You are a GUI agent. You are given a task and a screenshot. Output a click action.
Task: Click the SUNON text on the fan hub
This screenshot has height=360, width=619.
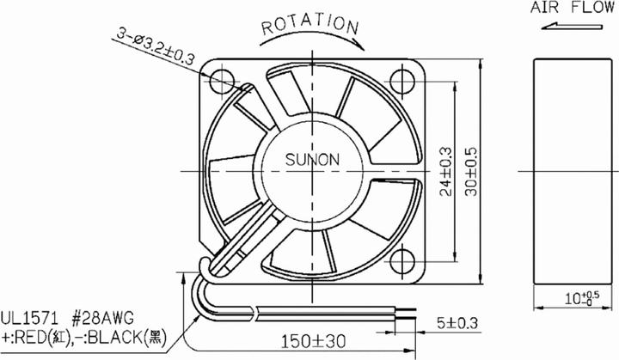click(x=311, y=159)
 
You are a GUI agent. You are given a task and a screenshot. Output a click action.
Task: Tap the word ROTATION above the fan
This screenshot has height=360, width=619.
click(x=309, y=24)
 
